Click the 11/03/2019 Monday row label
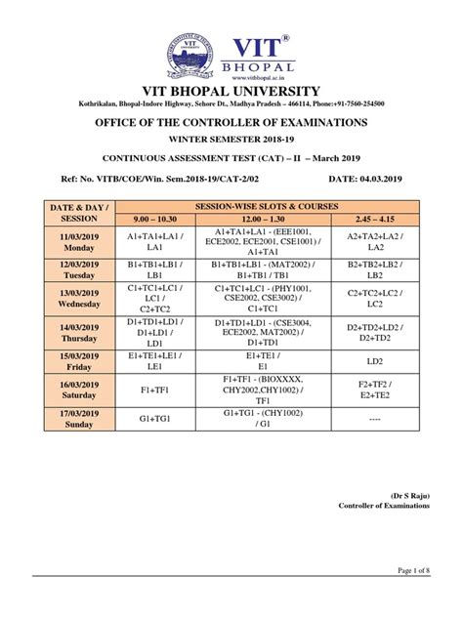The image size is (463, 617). click(74, 242)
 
